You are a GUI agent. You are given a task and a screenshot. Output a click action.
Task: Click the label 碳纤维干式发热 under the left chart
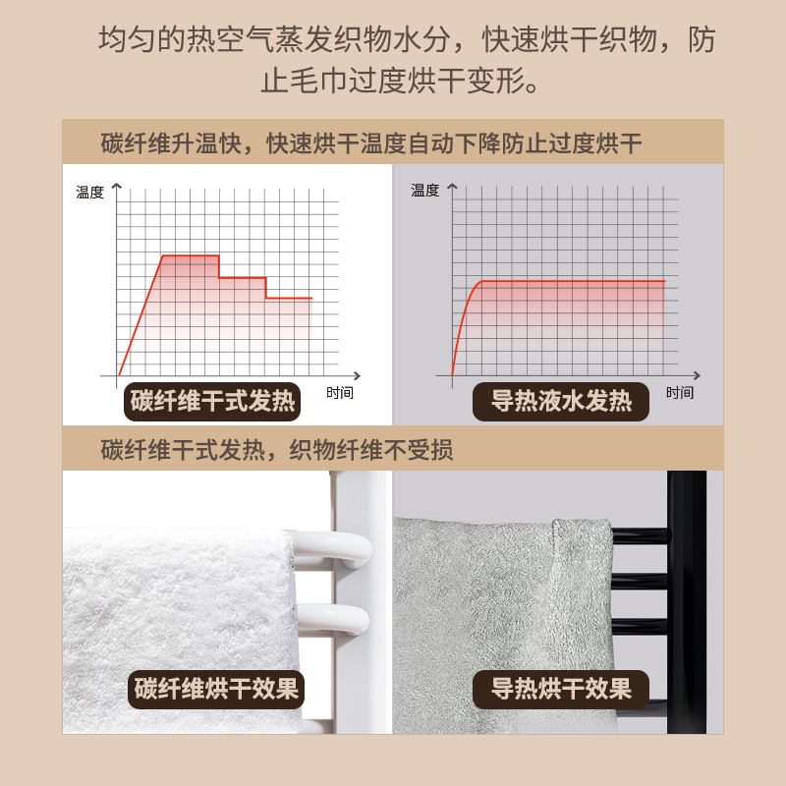(x=212, y=401)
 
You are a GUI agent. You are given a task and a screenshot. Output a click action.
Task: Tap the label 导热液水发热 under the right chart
(x=561, y=401)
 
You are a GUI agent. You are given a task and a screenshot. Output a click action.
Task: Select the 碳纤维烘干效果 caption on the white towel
(x=216, y=689)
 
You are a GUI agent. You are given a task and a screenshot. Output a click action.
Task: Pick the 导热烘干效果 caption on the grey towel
(x=561, y=689)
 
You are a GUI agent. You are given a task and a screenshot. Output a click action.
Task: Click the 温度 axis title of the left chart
(x=89, y=192)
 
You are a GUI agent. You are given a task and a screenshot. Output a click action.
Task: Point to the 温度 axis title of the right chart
(x=425, y=191)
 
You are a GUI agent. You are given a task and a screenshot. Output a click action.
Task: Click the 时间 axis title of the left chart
(x=340, y=392)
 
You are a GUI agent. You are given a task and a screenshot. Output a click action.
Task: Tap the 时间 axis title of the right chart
(x=680, y=392)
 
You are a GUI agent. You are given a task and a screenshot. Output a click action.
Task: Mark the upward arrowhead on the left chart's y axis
(x=117, y=187)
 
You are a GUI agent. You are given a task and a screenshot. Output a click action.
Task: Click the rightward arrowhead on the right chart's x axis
(x=697, y=375)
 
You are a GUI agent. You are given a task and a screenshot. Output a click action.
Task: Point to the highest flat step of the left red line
(x=191, y=255)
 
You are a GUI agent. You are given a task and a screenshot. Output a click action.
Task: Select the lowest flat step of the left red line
(x=289, y=299)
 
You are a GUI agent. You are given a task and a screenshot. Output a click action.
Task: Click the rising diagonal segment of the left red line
(x=140, y=315)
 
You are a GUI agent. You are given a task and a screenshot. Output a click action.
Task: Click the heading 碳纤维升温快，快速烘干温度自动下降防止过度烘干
(x=371, y=143)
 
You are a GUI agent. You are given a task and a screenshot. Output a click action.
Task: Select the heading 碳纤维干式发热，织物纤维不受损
(x=277, y=449)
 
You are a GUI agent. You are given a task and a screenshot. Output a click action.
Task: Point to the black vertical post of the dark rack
(x=687, y=601)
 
